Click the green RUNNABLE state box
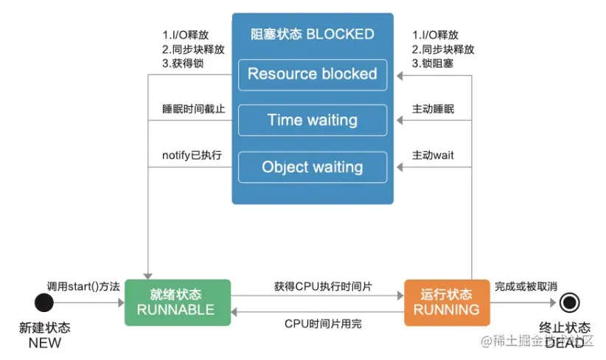tap(178, 302)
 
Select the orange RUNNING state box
tap(446, 302)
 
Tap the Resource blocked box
tap(313, 75)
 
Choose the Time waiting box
tap(313, 120)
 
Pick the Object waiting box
tap(313, 167)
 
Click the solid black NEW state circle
tap(44, 302)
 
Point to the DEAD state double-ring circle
tap(568, 302)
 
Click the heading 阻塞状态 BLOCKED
tap(313, 34)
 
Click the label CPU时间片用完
tap(323, 323)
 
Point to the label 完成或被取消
tap(526, 286)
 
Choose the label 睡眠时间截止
tap(193, 109)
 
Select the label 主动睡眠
tap(433, 109)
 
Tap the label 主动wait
tap(433, 156)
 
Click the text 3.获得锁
tap(184, 64)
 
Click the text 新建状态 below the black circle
tap(44, 328)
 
